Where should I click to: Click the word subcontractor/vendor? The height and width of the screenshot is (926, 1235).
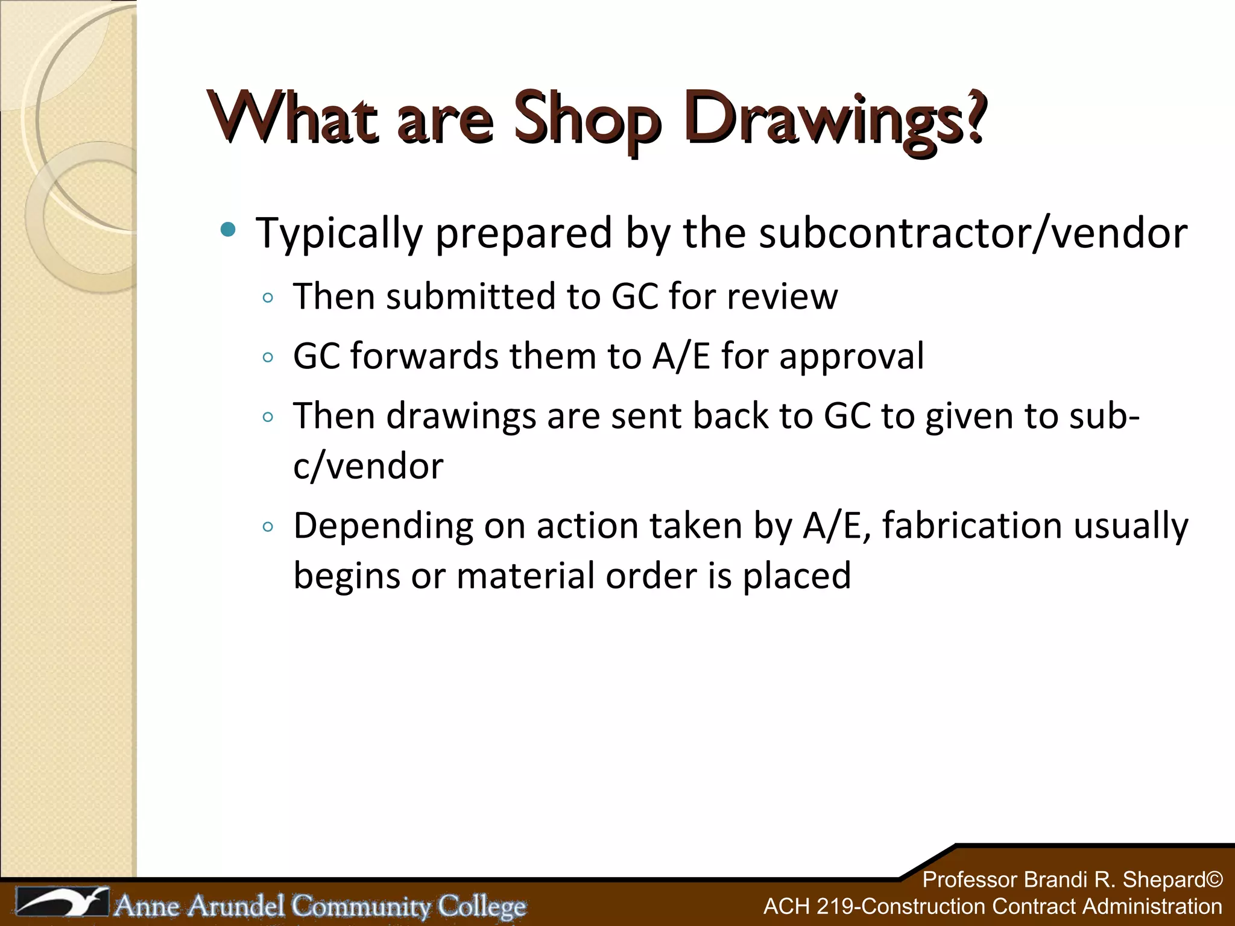973,233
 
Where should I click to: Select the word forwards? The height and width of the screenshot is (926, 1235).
424,356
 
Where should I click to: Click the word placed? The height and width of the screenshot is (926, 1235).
797,576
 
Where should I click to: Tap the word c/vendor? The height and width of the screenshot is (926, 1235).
368,466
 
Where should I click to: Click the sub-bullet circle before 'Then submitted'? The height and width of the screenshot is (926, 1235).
268,298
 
